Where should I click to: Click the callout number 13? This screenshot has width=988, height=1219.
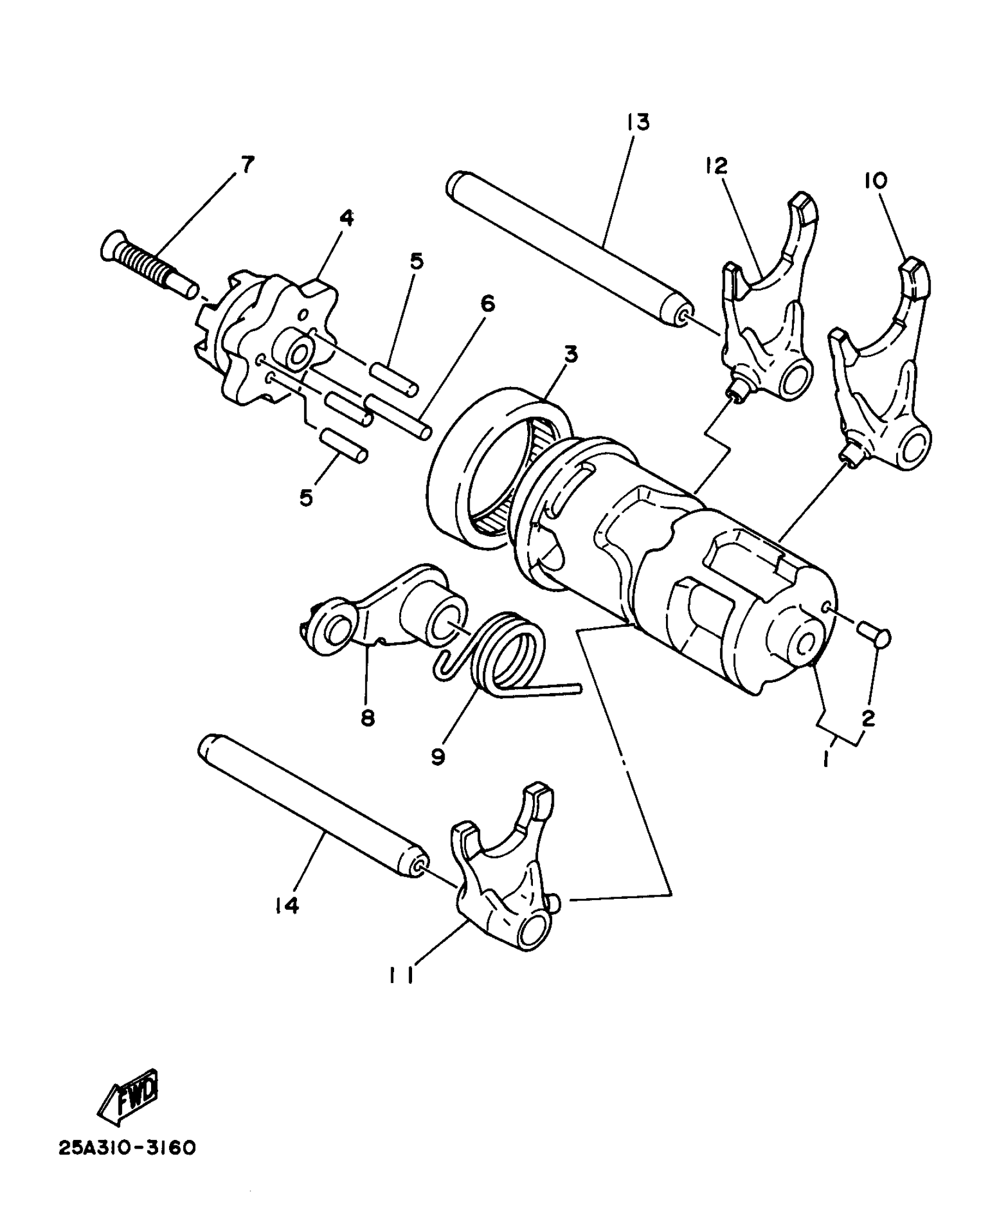point(638,123)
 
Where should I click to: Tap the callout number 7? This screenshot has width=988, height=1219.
point(248,165)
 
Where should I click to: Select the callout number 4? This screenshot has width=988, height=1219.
point(346,218)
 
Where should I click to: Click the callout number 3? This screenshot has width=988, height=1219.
point(570,354)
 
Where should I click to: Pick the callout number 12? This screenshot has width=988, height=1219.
point(717,166)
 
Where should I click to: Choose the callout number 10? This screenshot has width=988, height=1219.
point(875,181)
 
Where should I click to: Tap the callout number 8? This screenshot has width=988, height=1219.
point(367,718)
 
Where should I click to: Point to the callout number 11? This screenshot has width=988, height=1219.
point(401,978)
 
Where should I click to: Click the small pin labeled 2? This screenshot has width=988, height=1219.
point(874,636)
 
